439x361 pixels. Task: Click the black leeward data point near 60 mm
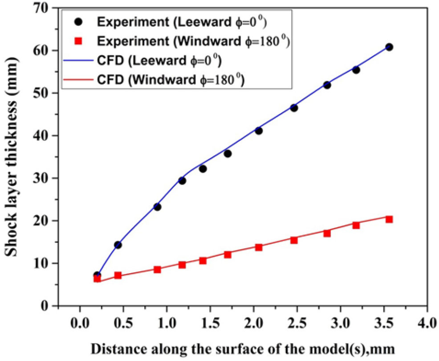[389, 47]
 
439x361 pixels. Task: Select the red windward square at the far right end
[389, 219]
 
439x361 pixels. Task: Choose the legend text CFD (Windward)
[170, 80]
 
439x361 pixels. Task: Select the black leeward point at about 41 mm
[259, 131]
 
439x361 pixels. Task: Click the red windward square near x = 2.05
[259, 247]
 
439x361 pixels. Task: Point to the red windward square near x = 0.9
[157, 269]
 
